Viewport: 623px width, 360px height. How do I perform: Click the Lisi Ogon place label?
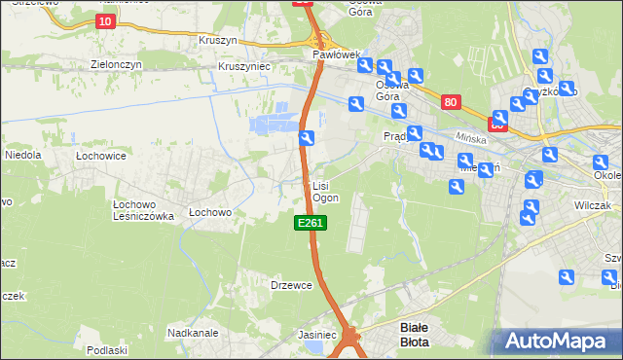click(x=324, y=191)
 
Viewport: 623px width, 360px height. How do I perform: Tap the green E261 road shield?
click(x=310, y=224)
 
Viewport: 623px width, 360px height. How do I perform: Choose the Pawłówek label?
click(x=337, y=55)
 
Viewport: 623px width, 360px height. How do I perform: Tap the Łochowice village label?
click(x=101, y=155)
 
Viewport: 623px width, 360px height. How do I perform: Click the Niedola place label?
click(x=22, y=155)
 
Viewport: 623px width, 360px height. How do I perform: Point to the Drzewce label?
click(x=291, y=285)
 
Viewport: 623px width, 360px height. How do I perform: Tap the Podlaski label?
click(x=107, y=350)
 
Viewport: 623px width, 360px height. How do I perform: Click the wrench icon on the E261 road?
click(x=307, y=139)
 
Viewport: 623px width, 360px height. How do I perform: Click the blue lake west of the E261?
click(x=271, y=124)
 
